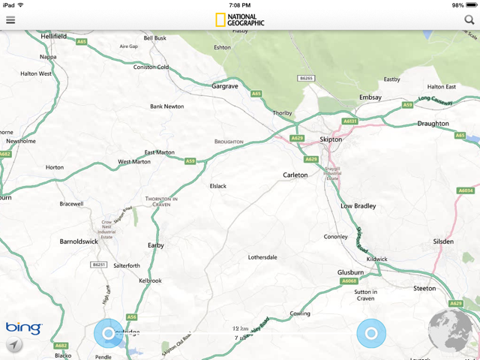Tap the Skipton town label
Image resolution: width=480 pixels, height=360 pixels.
[x=330, y=139]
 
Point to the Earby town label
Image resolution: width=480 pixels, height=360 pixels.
[x=155, y=245]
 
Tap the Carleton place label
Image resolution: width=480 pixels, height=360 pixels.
[x=295, y=175]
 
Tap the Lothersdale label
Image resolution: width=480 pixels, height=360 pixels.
[x=262, y=257]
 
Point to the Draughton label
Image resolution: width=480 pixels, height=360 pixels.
[x=433, y=124]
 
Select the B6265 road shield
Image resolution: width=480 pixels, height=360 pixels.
[x=304, y=78]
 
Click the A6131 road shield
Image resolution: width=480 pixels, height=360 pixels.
[x=350, y=121]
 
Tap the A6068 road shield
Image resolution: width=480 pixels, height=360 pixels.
[x=349, y=281]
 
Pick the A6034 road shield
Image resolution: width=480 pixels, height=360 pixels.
[x=466, y=190]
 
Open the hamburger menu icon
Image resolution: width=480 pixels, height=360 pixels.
[x=10, y=19]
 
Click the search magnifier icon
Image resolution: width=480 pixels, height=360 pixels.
[x=469, y=19]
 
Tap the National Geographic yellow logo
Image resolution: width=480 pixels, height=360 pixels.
[x=221, y=20]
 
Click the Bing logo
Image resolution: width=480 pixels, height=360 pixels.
[x=24, y=328]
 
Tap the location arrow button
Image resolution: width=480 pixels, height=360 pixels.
[x=13, y=344]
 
